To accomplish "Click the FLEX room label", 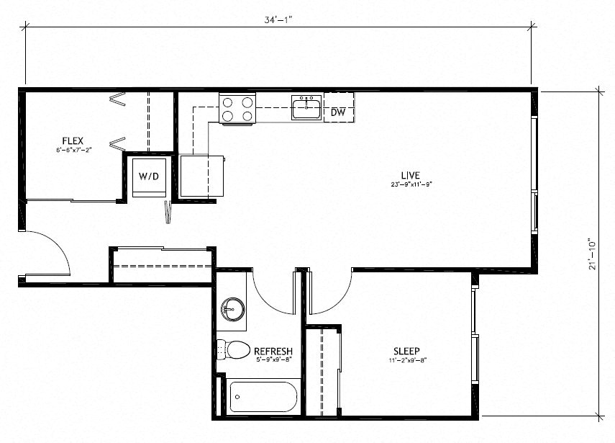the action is pos(73,140).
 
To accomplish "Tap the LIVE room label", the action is pos(411,175).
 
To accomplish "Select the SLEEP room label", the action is pos(406,351).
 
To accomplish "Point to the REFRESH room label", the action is pos(273,351).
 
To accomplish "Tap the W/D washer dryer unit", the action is pos(149,177).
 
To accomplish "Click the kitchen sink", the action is pos(306,107).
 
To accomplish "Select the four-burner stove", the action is pos(237,109).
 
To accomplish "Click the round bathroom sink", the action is pos(232,309).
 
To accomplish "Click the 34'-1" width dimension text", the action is pos(278,20).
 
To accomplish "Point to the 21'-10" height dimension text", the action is pos(592,254).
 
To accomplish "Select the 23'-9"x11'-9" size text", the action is pos(411,184).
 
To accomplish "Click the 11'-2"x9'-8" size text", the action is pos(407,359).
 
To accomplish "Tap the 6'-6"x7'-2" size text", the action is pos(74,150).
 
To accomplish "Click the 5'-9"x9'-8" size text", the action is pos(273,359).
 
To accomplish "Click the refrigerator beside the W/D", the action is pos(201,176).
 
